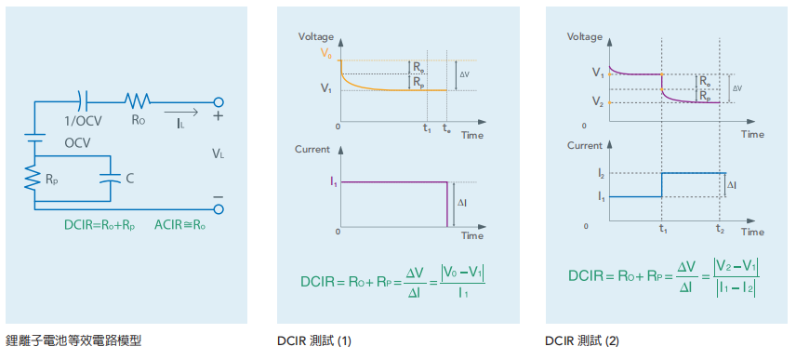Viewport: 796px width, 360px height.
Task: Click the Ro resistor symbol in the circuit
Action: (138, 101)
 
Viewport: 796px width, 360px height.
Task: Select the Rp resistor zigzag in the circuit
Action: (33, 179)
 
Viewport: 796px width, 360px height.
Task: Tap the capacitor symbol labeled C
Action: (110, 179)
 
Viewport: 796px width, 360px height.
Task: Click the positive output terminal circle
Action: (219, 102)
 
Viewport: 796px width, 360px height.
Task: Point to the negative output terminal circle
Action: (219, 208)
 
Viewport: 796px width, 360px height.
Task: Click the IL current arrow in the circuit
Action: (180, 113)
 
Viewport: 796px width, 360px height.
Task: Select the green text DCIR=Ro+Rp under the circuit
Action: (100, 225)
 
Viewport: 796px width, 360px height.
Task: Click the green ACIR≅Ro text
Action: (180, 225)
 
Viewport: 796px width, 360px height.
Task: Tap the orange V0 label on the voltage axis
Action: (326, 52)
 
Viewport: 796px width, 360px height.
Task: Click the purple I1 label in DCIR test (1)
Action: (334, 182)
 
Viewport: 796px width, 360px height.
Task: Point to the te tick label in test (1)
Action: (445, 129)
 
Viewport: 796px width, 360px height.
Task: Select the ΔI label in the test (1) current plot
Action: (462, 203)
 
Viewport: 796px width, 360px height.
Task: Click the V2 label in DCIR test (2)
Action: (597, 103)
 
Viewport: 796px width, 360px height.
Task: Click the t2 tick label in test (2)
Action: (720, 229)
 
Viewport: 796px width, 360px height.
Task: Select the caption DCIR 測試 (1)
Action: (313, 341)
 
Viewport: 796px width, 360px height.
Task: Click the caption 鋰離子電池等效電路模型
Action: (73, 340)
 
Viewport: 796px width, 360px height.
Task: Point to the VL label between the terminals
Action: (218, 153)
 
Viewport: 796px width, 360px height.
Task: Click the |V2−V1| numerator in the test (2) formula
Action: (736, 265)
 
